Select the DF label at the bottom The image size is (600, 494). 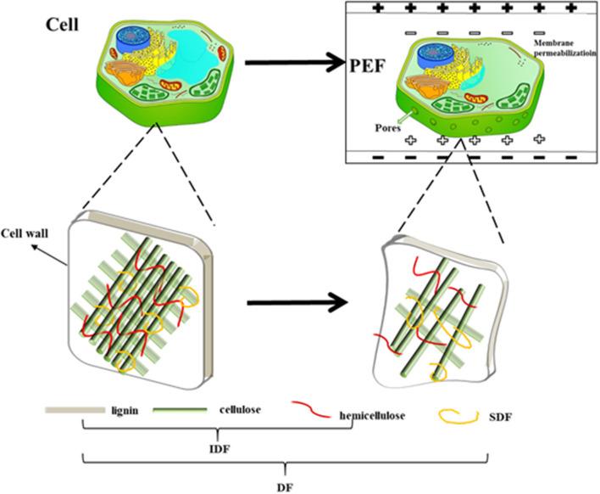pos(287,486)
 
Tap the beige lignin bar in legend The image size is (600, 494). pos(73,412)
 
